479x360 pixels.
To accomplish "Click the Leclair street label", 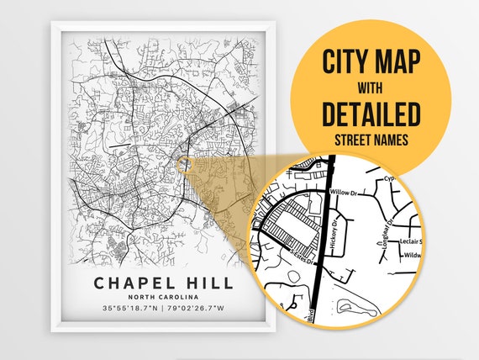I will (407, 241).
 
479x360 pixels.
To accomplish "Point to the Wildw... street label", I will (411, 254).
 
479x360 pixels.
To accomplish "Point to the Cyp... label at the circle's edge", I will (389, 178).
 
